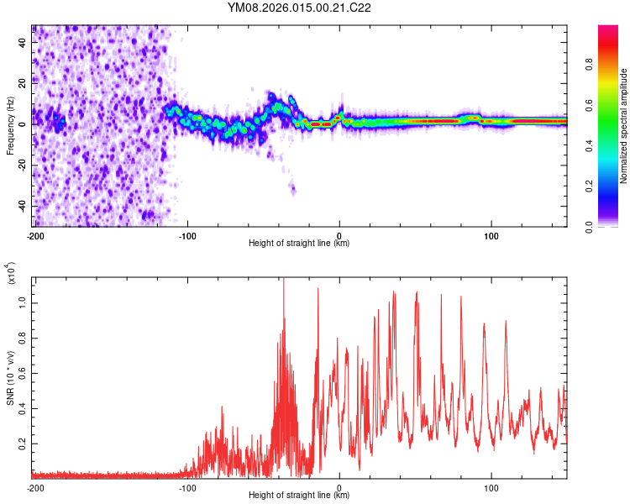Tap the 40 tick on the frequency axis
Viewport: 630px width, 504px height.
pyautogui.click(x=22, y=42)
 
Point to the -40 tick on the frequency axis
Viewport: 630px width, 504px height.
pyautogui.click(x=22, y=206)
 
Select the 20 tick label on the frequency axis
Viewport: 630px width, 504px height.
pyautogui.click(x=22, y=83)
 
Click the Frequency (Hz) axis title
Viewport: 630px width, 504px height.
pyautogui.click(x=10, y=126)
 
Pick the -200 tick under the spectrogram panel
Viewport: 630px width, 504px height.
pyautogui.click(x=35, y=234)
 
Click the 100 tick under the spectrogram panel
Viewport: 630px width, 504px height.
pyautogui.click(x=491, y=234)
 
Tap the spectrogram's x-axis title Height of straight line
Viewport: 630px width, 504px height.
pyautogui.click(x=300, y=244)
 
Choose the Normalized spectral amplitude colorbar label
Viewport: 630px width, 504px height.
pyautogui.click(x=624, y=126)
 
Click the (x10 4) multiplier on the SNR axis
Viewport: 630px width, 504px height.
pyautogui.click(x=12, y=274)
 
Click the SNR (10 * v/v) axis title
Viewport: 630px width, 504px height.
pyautogui.click(x=10, y=378)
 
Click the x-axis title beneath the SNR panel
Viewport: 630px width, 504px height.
pyautogui.click(x=300, y=496)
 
